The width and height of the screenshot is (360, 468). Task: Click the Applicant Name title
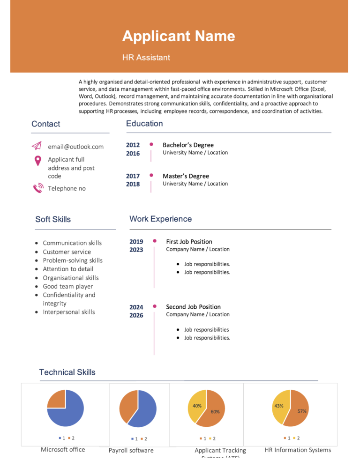(x=179, y=36)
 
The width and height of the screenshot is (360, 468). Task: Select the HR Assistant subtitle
(x=146, y=58)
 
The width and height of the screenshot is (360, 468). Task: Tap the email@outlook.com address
(x=75, y=147)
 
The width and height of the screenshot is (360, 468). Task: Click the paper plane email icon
(x=37, y=146)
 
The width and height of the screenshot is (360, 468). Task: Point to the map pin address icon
(x=38, y=161)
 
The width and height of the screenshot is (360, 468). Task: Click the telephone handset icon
(x=38, y=188)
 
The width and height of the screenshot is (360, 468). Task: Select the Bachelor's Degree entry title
(x=188, y=145)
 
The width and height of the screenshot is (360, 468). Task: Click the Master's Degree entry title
(x=186, y=176)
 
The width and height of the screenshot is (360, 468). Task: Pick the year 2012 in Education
(x=133, y=145)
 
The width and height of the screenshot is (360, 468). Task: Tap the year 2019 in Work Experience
(x=136, y=242)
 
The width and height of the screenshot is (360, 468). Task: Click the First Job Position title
(x=189, y=242)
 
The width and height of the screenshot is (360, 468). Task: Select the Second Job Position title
(x=193, y=307)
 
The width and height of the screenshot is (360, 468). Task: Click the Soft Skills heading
(x=53, y=219)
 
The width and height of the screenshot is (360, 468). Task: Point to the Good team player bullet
(x=67, y=286)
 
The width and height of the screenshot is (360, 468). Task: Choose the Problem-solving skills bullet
(x=72, y=260)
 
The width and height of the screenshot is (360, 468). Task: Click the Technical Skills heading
(x=67, y=372)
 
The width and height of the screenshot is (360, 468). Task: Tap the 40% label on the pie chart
(x=197, y=406)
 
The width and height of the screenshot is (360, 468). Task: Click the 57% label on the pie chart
(x=302, y=411)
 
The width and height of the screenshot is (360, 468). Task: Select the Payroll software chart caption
(x=131, y=451)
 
